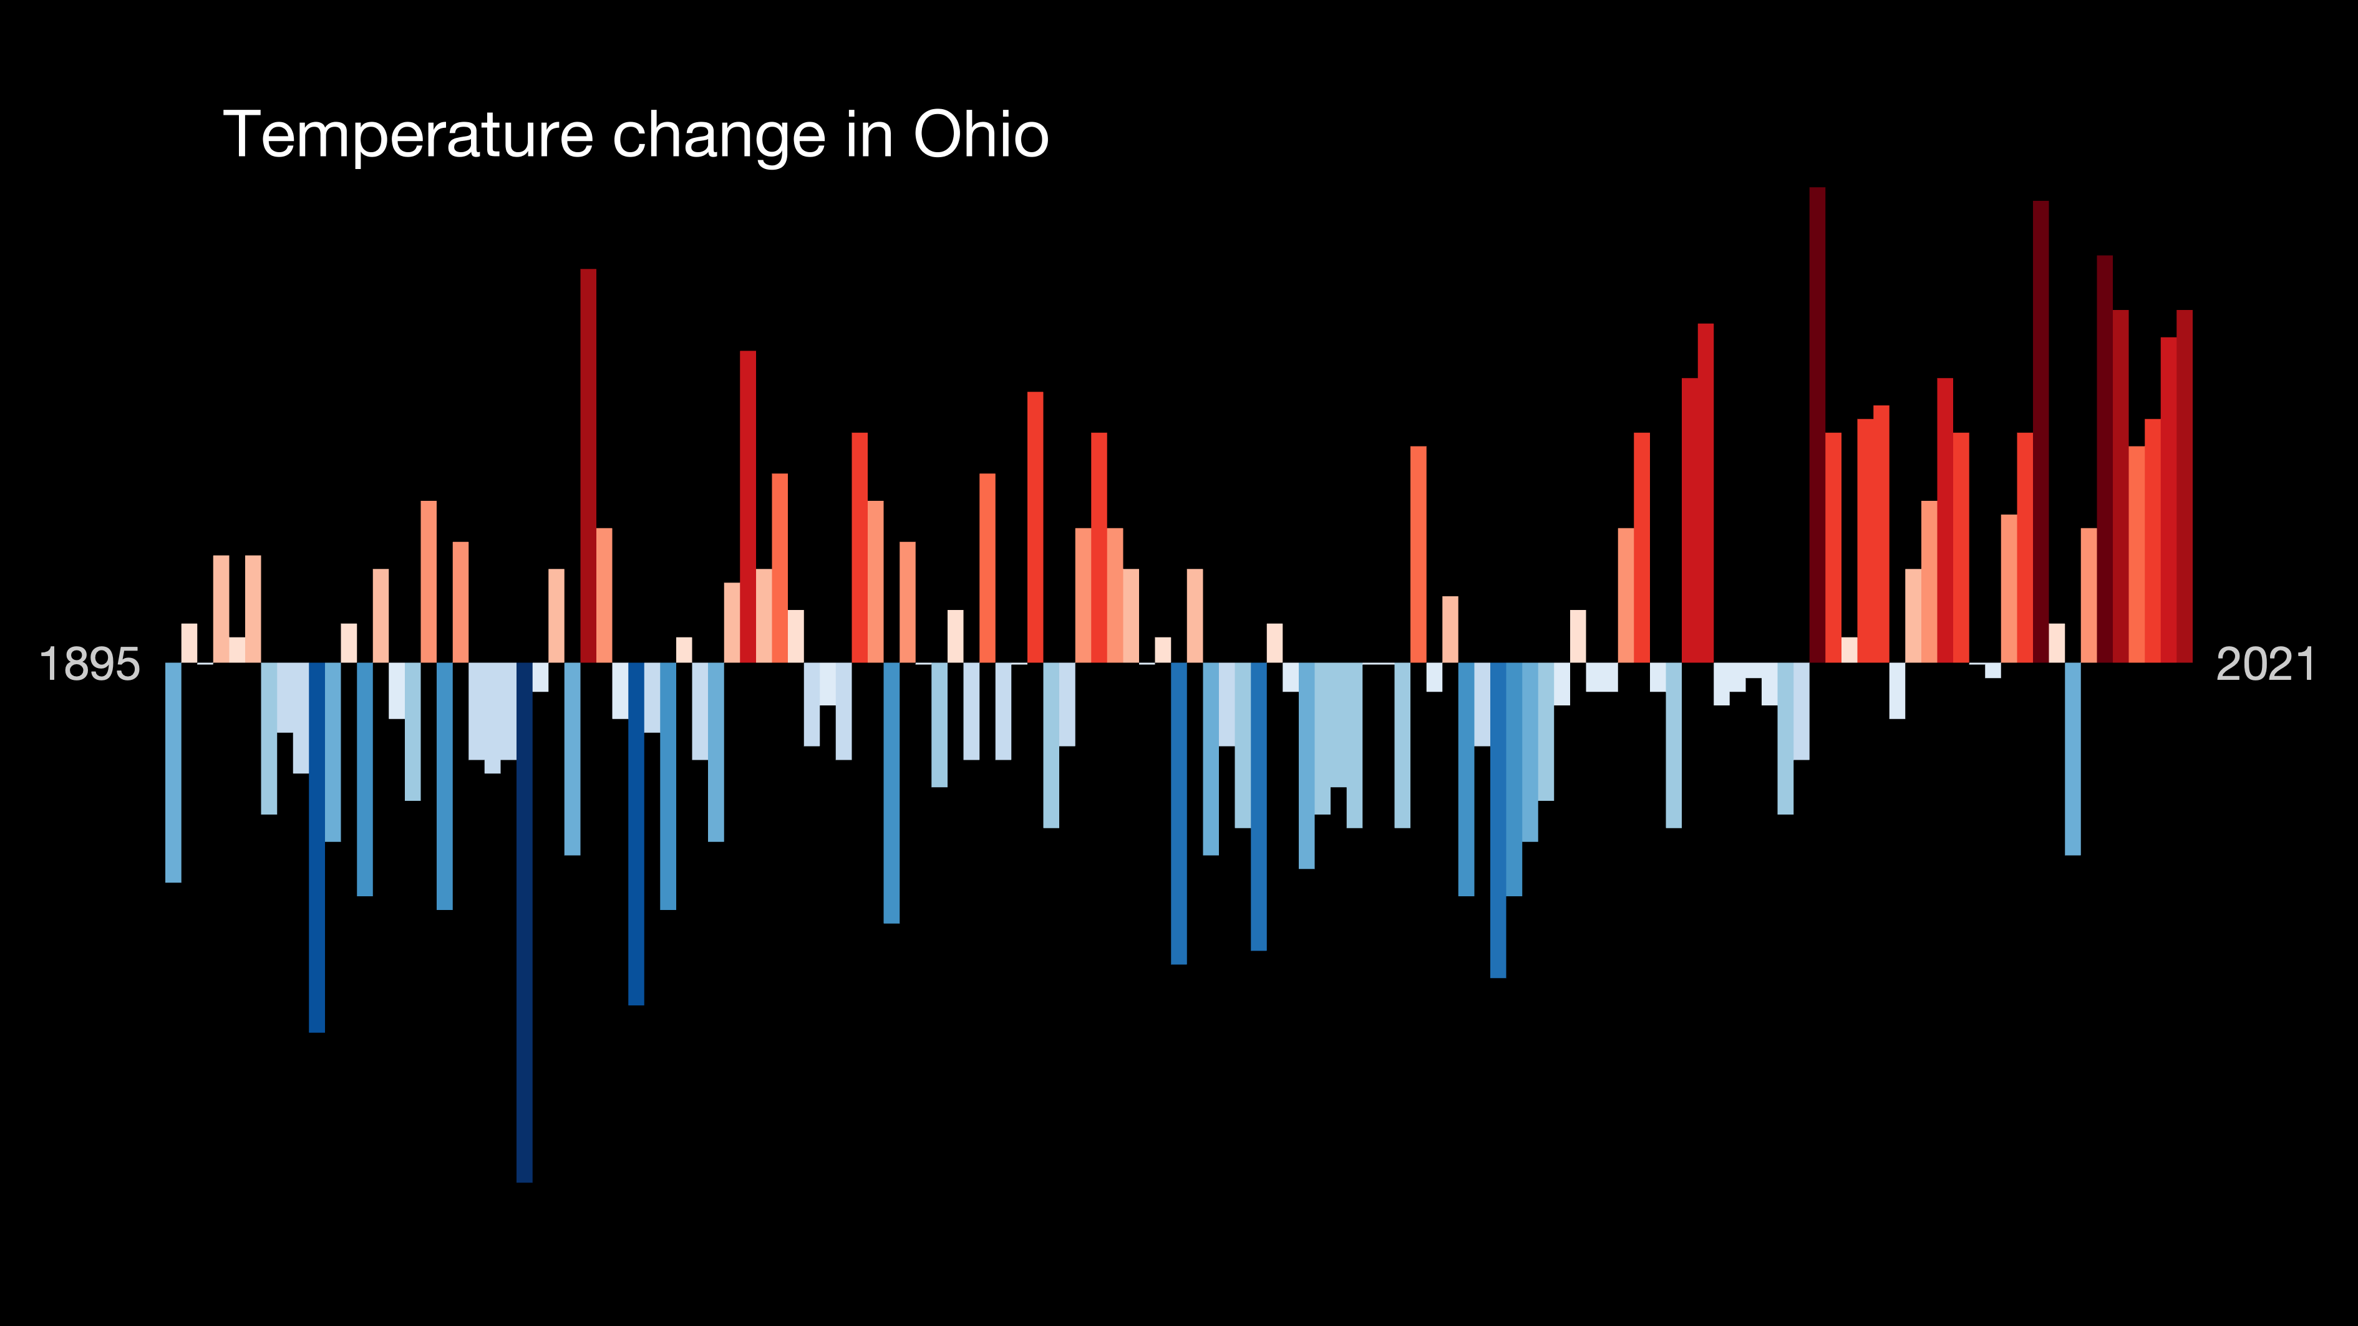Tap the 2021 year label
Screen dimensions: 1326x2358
(2264, 664)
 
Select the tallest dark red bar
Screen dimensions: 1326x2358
(1817, 421)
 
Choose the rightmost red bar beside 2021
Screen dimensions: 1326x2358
(2184, 485)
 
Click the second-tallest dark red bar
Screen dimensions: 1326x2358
(2040, 430)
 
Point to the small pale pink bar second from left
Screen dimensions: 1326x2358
(190, 642)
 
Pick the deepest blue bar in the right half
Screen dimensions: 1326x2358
(1498, 819)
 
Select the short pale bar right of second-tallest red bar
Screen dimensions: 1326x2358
(2056, 642)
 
